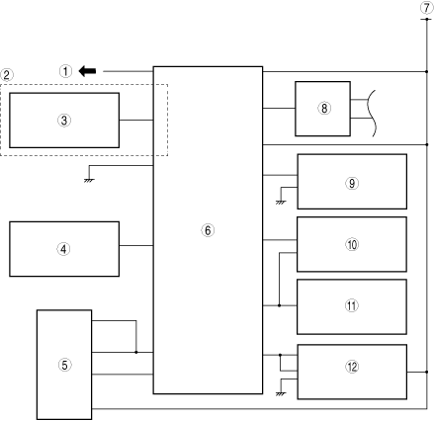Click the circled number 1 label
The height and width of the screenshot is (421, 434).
[65, 71]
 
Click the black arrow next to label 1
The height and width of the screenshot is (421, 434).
[87, 71]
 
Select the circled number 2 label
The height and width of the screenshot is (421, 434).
[7, 75]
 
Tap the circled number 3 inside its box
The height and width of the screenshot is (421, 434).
[64, 121]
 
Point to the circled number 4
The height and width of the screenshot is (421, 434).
[63, 249]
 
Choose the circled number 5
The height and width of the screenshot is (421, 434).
[64, 365]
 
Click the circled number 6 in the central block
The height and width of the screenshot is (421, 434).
[208, 230]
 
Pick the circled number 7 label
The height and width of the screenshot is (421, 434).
[427, 8]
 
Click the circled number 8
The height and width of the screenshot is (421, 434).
[324, 108]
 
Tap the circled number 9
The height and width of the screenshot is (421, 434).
[352, 183]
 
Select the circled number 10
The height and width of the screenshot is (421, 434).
[352, 244]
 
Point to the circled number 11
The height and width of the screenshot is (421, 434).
[352, 305]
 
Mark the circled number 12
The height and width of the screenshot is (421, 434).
[352, 367]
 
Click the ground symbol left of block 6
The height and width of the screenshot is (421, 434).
[89, 180]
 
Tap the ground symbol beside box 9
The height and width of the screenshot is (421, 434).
[281, 203]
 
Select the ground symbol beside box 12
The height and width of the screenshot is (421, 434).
[281, 393]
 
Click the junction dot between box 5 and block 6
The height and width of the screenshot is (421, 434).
[136, 352]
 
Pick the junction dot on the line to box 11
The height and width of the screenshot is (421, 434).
[279, 305]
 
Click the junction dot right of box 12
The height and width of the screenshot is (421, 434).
[426, 372]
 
